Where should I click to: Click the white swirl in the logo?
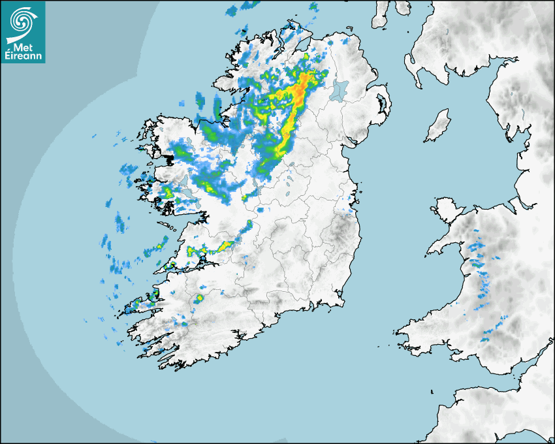click(21, 22)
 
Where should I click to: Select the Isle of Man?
click(437, 126)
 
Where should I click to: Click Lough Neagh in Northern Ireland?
click(340, 89)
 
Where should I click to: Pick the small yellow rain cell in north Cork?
click(198, 298)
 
